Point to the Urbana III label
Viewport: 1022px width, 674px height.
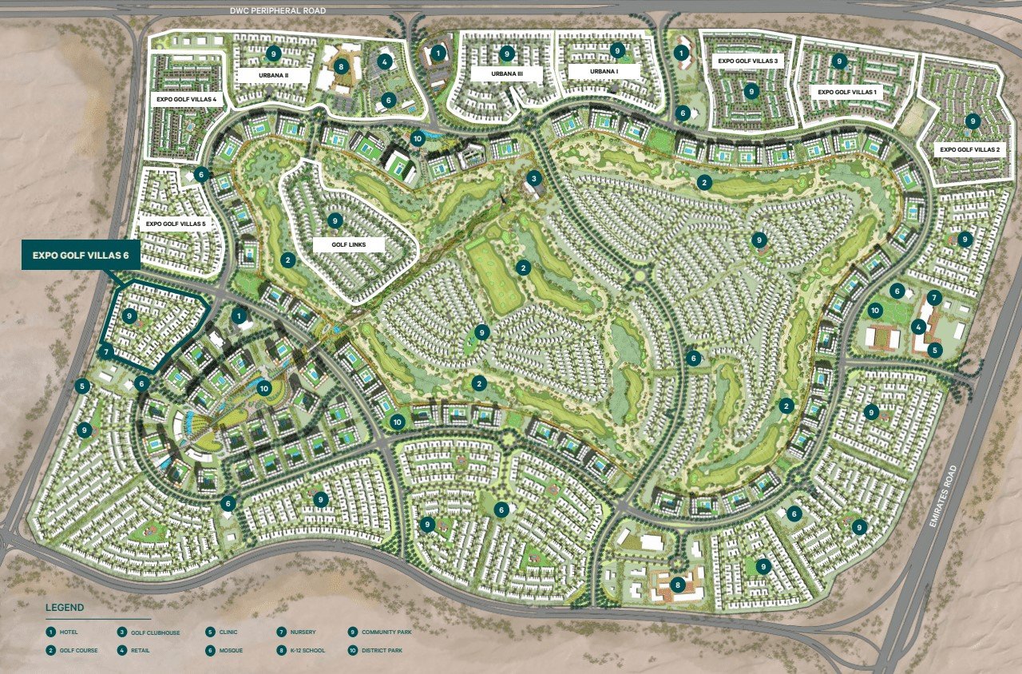pos(507,73)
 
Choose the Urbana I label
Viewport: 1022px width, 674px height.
pos(604,71)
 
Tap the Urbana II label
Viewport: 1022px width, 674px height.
pos(273,74)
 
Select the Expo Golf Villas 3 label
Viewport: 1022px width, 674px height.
pos(748,60)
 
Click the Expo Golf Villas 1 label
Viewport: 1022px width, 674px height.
pos(847,92)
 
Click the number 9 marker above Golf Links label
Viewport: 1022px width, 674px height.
pos(335,219)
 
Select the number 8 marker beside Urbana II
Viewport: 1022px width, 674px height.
pos(342,66)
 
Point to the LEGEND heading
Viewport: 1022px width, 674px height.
pos(65,608)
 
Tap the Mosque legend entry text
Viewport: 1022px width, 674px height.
pos(231,650)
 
